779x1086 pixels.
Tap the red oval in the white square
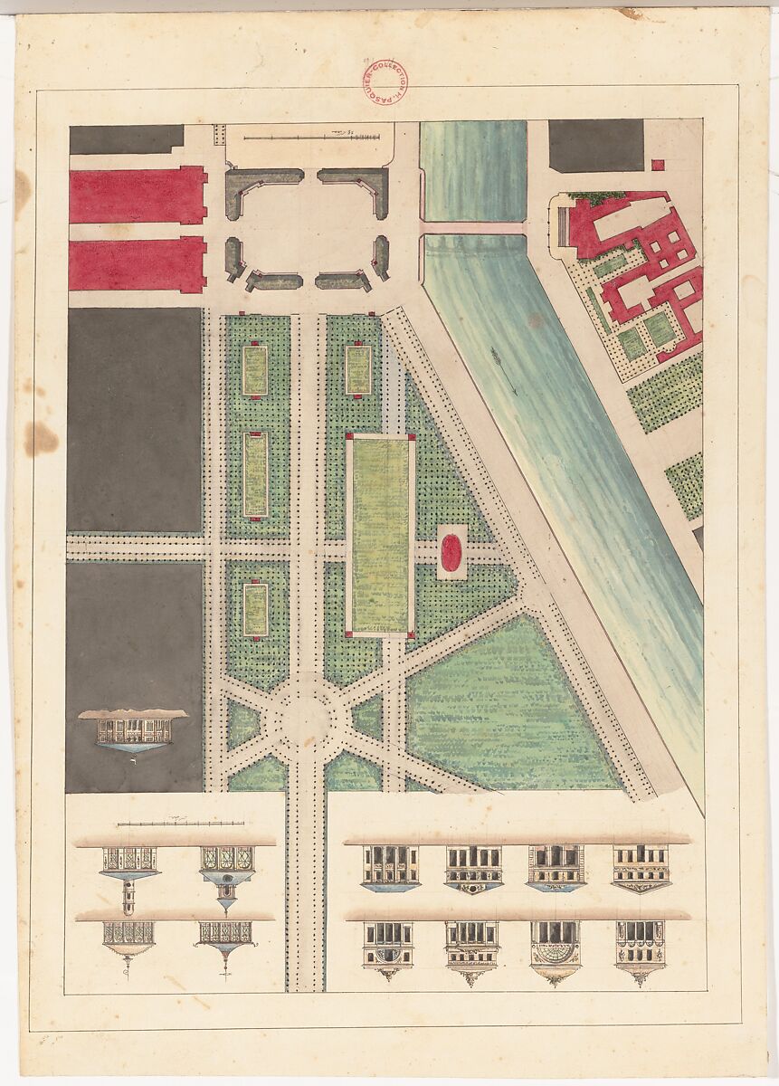[x=451, y=552]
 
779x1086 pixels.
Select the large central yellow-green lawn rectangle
[x=380, y=536]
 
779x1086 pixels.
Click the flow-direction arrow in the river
[x=504, y=371]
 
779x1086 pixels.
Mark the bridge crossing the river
[x=473, y=228]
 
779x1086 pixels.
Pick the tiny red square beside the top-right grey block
[x=658, y=165]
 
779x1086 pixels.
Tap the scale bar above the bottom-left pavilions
[x=181, y=824]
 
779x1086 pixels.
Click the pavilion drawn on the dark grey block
[x=132, y=729]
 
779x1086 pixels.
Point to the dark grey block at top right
[x=596, y=145]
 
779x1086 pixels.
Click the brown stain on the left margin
[x=40, y=439]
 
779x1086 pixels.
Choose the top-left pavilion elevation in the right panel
[x=390, y=867]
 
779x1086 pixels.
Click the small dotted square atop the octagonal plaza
[x=218, y=134]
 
